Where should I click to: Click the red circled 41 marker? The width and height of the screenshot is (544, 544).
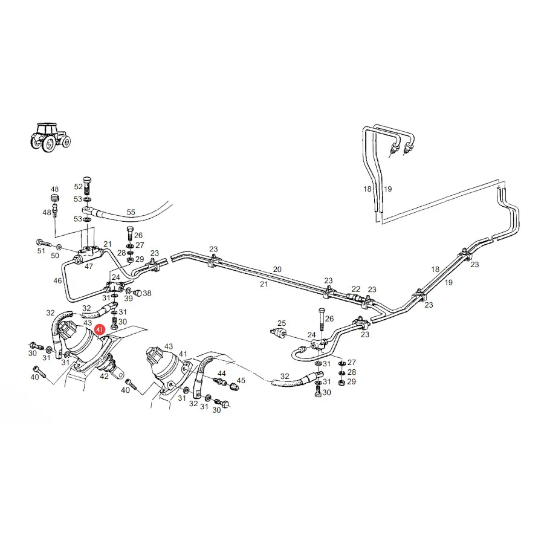(x=100, y=329)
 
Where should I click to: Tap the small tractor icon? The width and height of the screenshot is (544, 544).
(x=50, y=137)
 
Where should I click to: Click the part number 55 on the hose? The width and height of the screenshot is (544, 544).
(x=131, y=212)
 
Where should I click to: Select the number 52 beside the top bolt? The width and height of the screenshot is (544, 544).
(x=79, y=186)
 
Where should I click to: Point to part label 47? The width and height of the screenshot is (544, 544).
(x=89, y=267)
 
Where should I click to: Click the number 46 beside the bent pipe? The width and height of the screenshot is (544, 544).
(x=57, y=280)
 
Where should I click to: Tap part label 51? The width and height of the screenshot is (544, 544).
(x=41, y=250)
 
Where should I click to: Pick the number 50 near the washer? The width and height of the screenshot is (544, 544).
(x=55, y=256)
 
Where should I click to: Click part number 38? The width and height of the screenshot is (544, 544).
(x=147, y=293)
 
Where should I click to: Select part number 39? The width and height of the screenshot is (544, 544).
(x=128, y=299)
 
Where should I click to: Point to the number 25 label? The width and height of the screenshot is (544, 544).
(x=282, y=323)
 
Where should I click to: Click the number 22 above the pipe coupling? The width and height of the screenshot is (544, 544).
(x=355, y=289)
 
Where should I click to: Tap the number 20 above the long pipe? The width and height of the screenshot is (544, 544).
(x=277, y=269)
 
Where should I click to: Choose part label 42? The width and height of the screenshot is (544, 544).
(x=104, y=376)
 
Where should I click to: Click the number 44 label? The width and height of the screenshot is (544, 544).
(x=221, y=374)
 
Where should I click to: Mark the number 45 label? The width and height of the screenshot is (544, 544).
(x=241, y=381)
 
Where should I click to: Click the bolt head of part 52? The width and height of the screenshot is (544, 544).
(x=87, y=180)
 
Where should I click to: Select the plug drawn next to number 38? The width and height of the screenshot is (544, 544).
(x=138, y=293)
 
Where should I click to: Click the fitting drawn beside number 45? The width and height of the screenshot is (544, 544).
(x=233, y=386)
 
